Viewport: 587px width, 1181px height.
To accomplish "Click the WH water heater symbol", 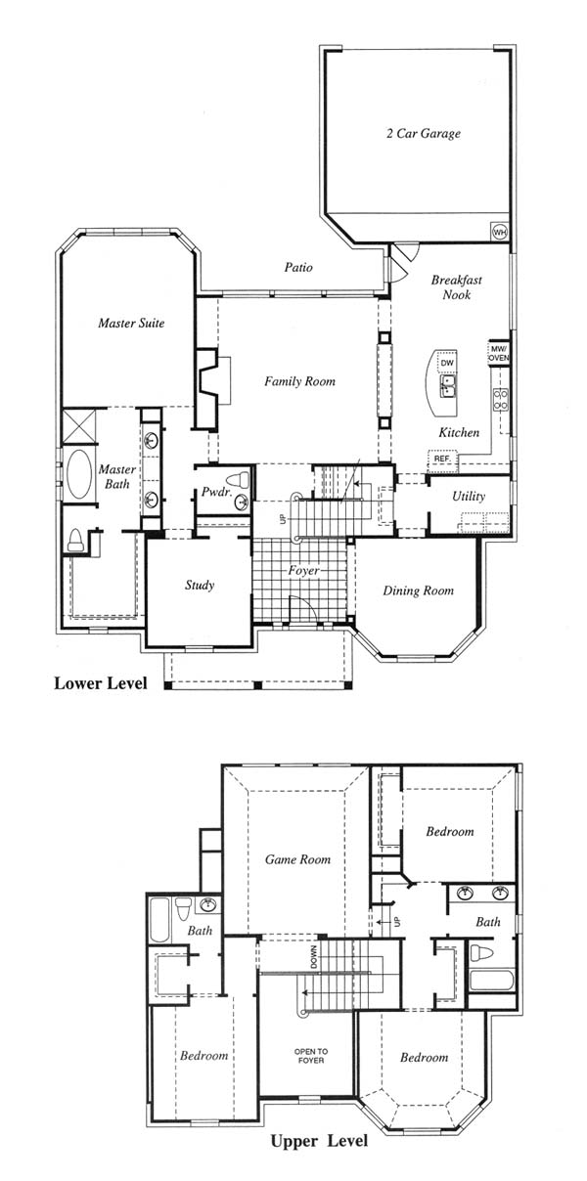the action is click(x=499, y=231).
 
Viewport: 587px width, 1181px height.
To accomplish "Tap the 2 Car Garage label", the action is click(x=423, y=133).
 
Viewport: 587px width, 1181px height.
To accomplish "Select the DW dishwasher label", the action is click(x=447, y=363).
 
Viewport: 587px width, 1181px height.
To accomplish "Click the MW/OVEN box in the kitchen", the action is click(x=498, y=353).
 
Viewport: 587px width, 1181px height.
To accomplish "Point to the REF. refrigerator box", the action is click(x=442, y=459).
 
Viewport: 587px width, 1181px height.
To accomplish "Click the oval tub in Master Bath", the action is click(x=79, y=474).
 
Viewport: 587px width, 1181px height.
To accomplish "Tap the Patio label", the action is click(x=298, y=267).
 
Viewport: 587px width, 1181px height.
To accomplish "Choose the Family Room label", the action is click(x=299, y=381).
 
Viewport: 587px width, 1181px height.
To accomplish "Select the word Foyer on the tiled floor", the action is click(x=304, y=571).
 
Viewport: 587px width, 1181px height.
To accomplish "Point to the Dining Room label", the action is click(x=418, y=590).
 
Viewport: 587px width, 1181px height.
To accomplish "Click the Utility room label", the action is click(x=469, y=496).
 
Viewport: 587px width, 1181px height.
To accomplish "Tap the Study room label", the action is click(x=200, y=585).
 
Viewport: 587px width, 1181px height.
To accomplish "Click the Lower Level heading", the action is click(x=101, y=683).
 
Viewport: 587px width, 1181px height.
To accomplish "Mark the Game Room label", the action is click(x=297, y=859).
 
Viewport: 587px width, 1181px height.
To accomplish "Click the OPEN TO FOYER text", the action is click(x=311, y=1056).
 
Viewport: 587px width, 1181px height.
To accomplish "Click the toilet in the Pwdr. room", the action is click(x=237, y=479).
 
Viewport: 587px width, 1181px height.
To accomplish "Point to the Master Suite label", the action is click(x=131, y=323).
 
